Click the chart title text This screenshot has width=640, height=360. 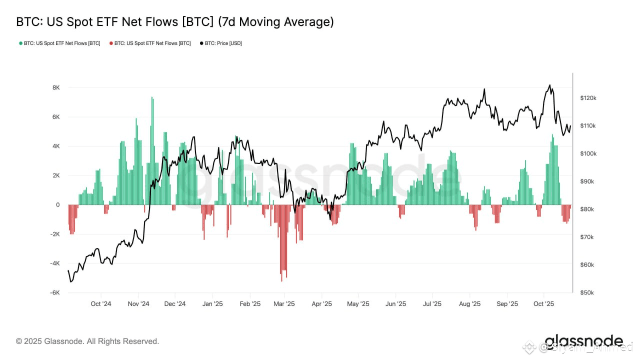[174, 22]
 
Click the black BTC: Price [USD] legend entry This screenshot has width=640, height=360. [220, 43]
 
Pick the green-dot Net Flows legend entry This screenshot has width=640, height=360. [59, 43]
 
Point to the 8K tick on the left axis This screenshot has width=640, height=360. [56, 87]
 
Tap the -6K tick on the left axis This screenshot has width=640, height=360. [54, 292]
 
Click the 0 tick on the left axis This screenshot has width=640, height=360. [58, 205]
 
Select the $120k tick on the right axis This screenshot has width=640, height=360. [588, 98]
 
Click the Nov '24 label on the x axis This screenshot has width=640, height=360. [138, 304]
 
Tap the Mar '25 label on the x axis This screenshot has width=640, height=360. [284, 304]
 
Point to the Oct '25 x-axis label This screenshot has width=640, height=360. [544, 304]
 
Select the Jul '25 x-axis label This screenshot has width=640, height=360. [432, 304]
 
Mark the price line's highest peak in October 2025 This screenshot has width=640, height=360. [549, 85]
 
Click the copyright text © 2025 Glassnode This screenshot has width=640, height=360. [87, 341]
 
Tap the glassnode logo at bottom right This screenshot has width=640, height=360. [583, 342]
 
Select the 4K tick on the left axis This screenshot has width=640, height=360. [56, 146]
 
